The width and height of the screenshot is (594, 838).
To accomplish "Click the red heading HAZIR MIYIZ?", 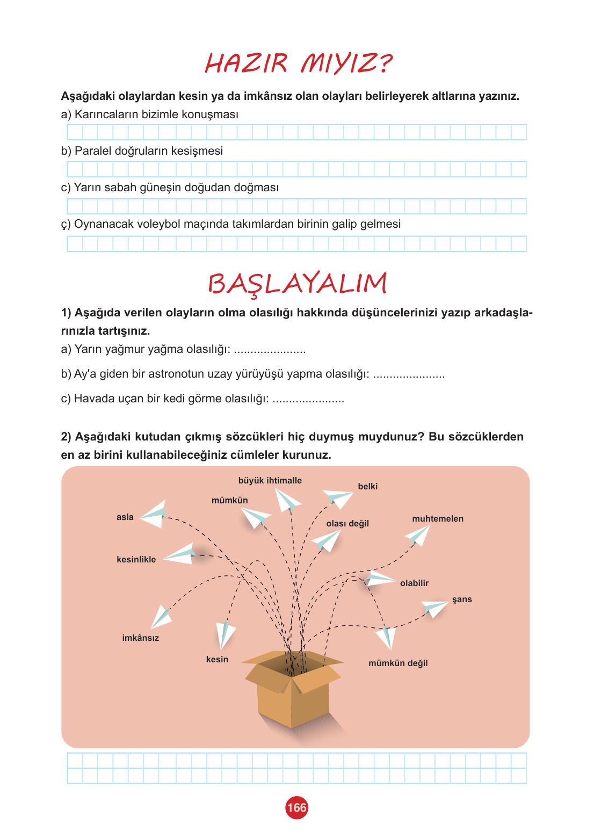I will [x=299, y=63].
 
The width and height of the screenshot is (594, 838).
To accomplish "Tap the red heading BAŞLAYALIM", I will [x=297, y=284].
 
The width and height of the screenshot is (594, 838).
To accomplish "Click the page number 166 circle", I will [x=296, y=808].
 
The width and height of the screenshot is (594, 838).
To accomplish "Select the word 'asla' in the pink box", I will [x=125, y=517].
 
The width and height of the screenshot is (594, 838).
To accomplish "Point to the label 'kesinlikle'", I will [x=136, y=560].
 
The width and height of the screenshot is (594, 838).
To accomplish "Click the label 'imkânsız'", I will [x=141, y=638].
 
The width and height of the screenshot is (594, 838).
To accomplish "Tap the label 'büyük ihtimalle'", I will [x=270, y=481].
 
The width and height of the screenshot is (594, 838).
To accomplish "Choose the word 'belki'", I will [x=368, y=487].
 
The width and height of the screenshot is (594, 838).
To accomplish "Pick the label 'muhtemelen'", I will [x=438, y=519].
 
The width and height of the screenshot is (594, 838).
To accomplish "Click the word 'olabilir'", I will [x=415, y=583].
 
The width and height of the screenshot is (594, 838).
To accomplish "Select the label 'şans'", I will [x=462, y=599].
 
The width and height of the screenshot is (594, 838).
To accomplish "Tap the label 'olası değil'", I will [x=347, y=524].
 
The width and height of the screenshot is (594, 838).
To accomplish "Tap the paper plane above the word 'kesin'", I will [x=225, y=634].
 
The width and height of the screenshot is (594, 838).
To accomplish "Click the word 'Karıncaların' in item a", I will [x=104, y=114].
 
